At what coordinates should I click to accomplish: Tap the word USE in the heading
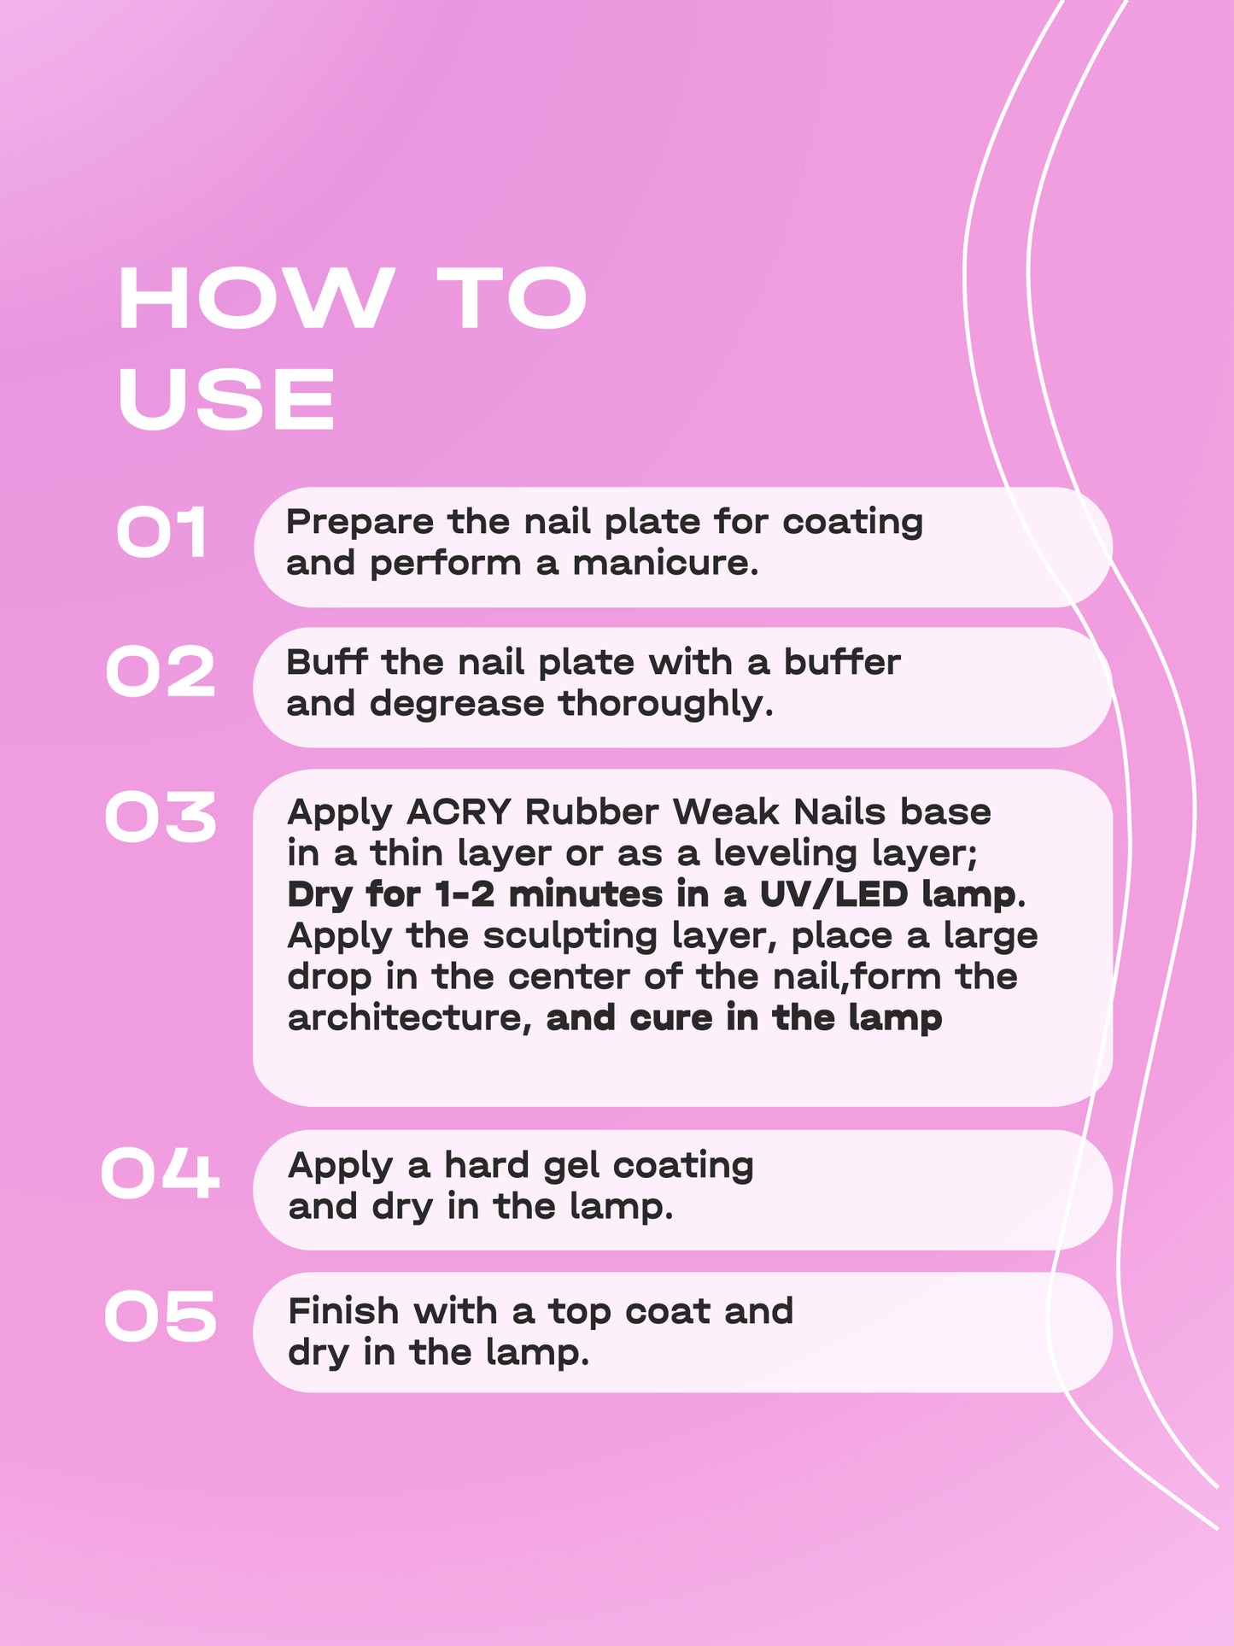[x=226, y=399]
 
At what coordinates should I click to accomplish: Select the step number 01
[x=162, y=533]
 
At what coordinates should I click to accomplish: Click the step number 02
[x=161, y=672]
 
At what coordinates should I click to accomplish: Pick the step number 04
[x=161, y=1173]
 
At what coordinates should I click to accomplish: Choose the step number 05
[x=161, y=1316]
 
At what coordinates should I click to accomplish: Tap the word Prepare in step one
[x=360, y=523]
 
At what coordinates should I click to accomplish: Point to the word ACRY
[x=459, y=812]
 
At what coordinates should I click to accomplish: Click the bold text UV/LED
[x=833, y=894]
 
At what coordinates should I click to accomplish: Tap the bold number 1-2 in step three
[x=465, y=894]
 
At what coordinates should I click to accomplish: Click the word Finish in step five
[x=342, y=1311]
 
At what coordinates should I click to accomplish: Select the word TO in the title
[x=512, y=298]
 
